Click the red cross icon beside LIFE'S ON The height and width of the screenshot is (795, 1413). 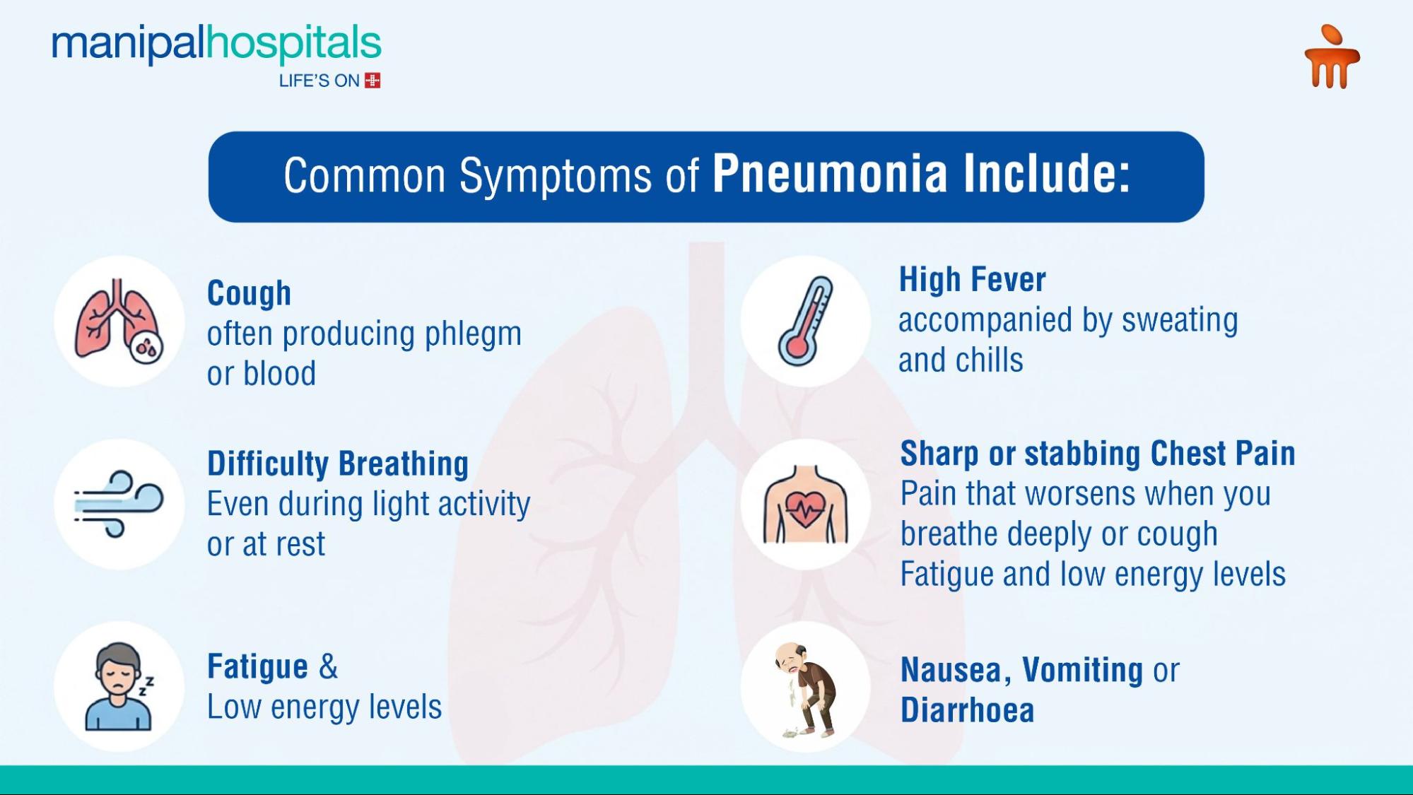coord(373,81)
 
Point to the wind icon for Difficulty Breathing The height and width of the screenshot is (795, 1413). coord(119,504)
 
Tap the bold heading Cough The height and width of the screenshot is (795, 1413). coord(249,294)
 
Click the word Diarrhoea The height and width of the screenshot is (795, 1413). coord(967,709)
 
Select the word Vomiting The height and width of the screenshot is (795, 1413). coord(1082,670)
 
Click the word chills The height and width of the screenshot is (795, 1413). coord(990,360)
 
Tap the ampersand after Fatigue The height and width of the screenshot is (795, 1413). coord(329,666)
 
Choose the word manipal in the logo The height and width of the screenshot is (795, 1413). coord(128,44)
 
